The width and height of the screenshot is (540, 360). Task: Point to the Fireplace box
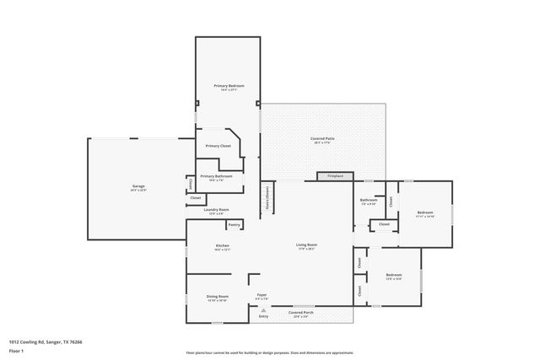[x=335, y=176]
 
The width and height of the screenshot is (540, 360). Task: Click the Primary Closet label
[x=219, y=146]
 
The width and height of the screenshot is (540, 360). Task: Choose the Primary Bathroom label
[x=217, y=176]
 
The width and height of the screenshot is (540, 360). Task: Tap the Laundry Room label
[x=217, y=210]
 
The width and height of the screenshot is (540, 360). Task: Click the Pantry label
[x=235, y=224]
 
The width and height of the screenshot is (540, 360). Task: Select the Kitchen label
[x=222, y=246]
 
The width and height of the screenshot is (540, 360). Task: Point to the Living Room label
[x=306, y=245]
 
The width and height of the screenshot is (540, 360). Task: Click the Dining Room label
[x=218, y=297]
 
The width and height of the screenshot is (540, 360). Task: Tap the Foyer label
[x=262, y=295]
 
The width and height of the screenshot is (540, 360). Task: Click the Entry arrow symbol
[x=262, y=310]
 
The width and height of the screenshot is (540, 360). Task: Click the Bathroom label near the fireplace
[x=369, y=199]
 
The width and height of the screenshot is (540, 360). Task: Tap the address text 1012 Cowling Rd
[x=33, y=341]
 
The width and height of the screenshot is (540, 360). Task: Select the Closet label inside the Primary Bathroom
[x=192, y=183]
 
